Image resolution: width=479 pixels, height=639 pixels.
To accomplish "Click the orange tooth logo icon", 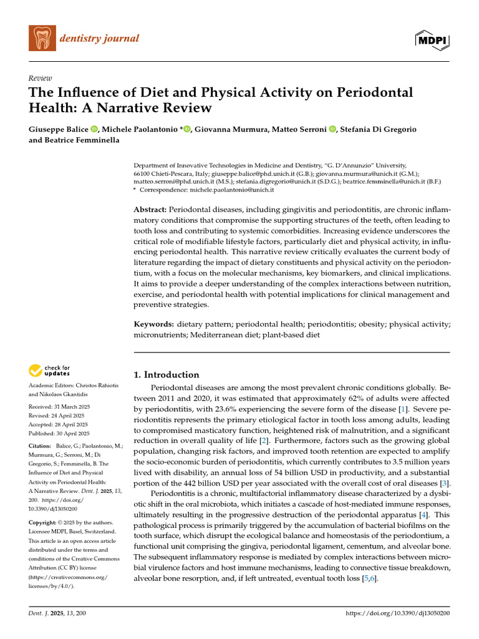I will tap(42, 39).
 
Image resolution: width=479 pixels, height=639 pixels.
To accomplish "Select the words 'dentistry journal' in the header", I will tap(99, 39).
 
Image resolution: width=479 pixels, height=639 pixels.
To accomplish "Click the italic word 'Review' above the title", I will tap(40, 78).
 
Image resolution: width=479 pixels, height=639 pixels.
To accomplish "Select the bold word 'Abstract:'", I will tap(150, 210).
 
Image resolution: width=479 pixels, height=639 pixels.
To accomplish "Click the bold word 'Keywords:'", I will tap(154, 324).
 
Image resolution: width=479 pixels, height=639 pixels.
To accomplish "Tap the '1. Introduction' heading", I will tap(167, 374).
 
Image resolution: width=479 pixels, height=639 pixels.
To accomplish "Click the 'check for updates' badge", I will tap(50, 371).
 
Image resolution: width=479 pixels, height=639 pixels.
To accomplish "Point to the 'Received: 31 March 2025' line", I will tap(59, 406).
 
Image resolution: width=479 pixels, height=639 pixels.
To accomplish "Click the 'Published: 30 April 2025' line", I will tap(59, 433).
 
